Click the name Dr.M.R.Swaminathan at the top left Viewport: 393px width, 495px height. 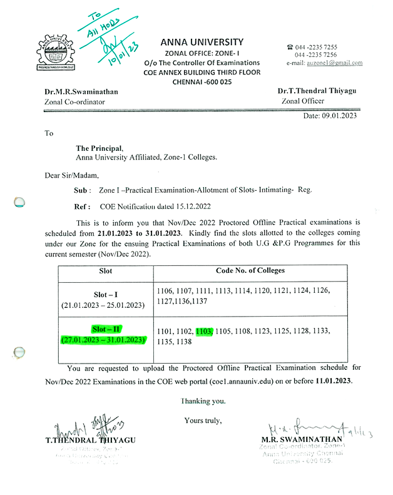point(81,91)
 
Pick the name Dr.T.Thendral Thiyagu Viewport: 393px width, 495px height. point(317,91)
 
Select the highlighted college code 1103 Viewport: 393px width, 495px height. point(205,330)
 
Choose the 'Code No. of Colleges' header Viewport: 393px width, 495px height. point(250,270)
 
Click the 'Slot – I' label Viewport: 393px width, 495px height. point(104,294)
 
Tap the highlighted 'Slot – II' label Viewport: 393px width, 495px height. point(104,329)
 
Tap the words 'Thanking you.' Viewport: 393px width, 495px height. point(203,401)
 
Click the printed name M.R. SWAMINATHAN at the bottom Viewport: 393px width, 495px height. point(302,439)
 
